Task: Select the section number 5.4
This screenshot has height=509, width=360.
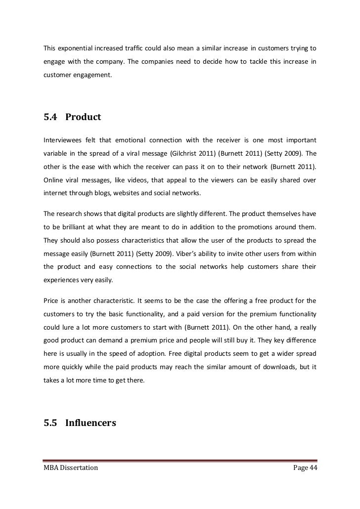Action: pyautogui.click(x=51, y=118)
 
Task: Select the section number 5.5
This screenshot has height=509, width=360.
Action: pyautogui.click(x=51, y=423)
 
